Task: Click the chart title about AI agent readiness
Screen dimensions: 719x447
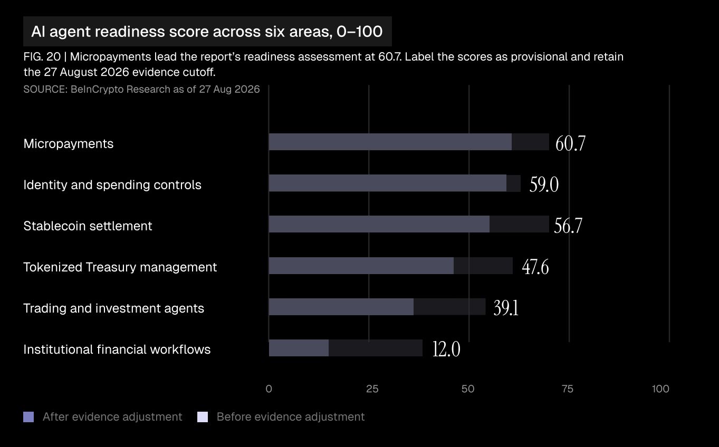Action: (207, 32)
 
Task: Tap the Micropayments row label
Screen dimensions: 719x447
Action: (69, 144)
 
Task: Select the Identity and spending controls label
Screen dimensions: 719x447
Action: (112, 184)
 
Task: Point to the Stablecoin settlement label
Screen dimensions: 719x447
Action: (88, 226)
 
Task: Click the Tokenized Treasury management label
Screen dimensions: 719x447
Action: (120, 267)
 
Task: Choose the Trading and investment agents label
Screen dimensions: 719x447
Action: (113, 308)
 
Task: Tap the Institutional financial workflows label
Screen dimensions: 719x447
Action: (117, 349)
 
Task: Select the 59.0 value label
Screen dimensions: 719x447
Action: (544, 184)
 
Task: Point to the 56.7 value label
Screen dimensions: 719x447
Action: (568, 226)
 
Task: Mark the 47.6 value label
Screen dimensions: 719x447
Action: (535, 267)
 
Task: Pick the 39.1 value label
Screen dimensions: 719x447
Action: (506, 308)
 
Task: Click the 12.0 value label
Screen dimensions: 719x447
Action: (446, 349)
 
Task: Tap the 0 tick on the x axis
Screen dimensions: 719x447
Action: (269, 389)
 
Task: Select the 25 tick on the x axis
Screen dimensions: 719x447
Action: (372, 389)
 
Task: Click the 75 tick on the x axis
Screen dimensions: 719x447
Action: (568, 389)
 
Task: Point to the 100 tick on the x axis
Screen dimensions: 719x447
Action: (660, 389)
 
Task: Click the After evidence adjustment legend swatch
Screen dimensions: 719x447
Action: (28, 417)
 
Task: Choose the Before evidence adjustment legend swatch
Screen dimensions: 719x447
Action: (203, 417)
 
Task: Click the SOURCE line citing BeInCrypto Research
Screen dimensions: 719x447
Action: (141, 89)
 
